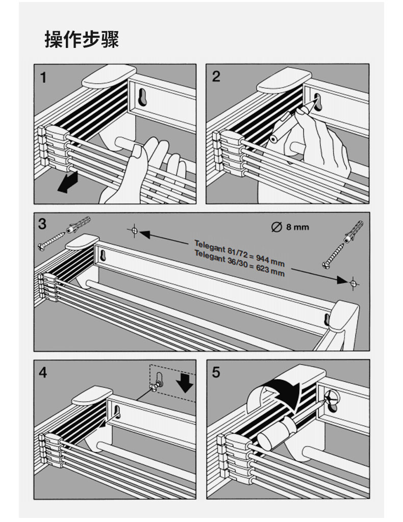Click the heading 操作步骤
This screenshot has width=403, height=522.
coord(82,39)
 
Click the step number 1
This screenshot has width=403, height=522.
coord(43,77)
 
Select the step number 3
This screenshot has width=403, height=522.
coord(42,223)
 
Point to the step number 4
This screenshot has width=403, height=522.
coord(43,373)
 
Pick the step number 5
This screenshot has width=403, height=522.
coord(216,373)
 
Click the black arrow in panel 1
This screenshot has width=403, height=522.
coord(67,183)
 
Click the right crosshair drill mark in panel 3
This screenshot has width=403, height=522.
coord(354,281)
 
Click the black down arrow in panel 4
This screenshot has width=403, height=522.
coord(187,382)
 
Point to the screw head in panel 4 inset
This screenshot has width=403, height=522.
coord(152,387)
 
